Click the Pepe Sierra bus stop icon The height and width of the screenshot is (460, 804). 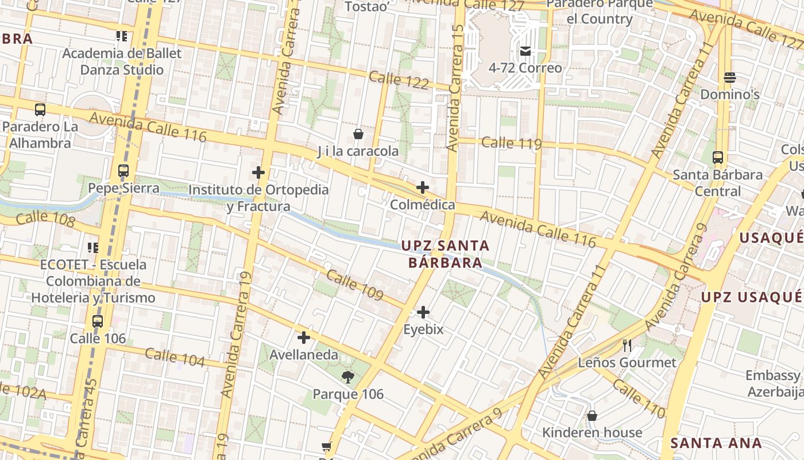pos(123,171)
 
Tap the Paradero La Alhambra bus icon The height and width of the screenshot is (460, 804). pos(40,109)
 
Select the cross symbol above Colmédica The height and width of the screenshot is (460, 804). pos(423,187)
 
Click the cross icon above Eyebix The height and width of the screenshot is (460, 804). pos(423,312)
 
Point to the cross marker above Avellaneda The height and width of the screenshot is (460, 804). pos(304,338)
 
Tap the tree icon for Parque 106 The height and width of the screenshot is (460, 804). pos(347,377)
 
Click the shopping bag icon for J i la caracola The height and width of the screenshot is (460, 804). pos(358,134)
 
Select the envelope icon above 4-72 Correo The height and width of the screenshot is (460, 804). pos(525,51)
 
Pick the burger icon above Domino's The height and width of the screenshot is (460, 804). pos(730,77)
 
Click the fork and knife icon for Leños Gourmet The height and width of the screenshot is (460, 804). pos(627,345)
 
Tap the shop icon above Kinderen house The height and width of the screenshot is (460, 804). pos(592,415)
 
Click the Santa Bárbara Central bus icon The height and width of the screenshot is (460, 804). pos(718,157)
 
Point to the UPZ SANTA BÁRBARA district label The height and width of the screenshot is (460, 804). pos(445,254)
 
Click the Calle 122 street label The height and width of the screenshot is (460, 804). pos(399,80)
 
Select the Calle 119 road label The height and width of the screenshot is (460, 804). pos(512,143)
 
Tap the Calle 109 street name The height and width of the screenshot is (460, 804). pos(354,285)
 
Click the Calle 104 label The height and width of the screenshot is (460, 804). pos(175,357)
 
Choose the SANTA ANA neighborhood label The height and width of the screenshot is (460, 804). pos(716,443)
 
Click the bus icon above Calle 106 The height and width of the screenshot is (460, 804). pos(98,321)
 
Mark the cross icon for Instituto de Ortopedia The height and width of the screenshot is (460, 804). pos(258,172)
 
